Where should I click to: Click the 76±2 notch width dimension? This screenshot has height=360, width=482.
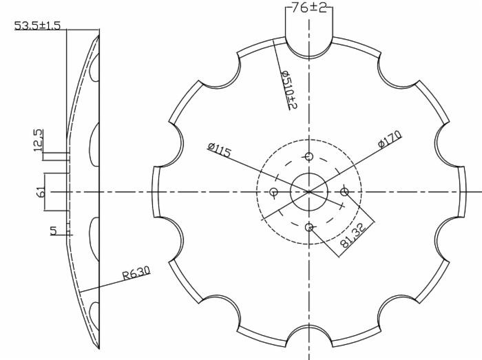click(x=309, y=8)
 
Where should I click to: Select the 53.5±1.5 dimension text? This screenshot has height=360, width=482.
click(x=37, y=26)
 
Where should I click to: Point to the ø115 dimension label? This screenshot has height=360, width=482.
click(x=219, y=150)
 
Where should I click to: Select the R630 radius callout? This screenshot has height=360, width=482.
click(x=136, y=273)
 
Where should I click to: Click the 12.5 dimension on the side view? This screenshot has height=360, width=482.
click(x=39, y=140)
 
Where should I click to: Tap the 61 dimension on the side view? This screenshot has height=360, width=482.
click(x=42, y=191)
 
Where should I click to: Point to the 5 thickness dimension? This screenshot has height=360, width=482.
click(x=54, y=231)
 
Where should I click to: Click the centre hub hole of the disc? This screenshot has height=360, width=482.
click(x=308, y=191)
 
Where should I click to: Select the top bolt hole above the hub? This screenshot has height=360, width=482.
click(x=308, y=156)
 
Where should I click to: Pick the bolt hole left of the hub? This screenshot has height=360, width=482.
click(x=273, y=191)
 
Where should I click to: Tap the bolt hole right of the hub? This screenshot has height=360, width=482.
click(x=344, y=191)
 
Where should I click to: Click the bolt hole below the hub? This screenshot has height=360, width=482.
click(x=308, y=226)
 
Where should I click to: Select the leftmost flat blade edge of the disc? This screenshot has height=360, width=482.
click(x=154, y=191)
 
